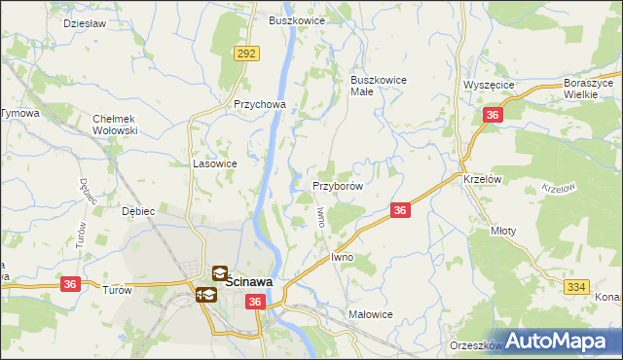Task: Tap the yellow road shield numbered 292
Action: click(246, 54)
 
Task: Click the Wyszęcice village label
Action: click(489, 85)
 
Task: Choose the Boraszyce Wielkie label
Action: click(592, 89)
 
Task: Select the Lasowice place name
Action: click(215, 163)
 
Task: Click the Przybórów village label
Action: click(338, 185)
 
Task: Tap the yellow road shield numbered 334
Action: click(575, 285)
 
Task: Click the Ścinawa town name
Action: click(249, 282)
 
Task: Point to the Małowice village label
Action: click(371, 314)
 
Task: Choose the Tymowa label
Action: click(19, 114)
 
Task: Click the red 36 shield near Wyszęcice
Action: click(493, 116)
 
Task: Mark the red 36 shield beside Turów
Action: click(70, 284)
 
